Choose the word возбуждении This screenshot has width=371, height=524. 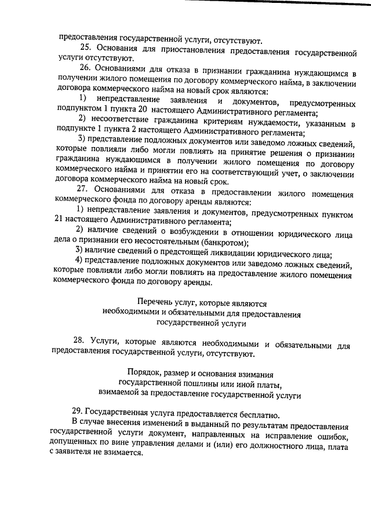point(177,233)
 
